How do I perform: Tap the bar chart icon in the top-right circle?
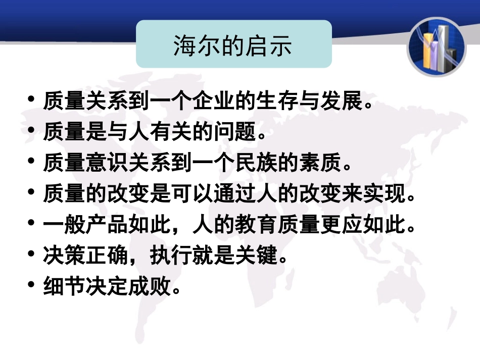(436, 46)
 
